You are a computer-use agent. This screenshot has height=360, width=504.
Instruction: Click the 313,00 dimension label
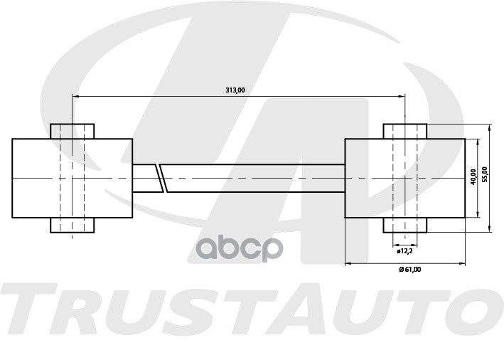click(x=235, y=90)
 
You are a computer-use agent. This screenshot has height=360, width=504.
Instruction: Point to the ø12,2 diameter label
click(x=404, y=250)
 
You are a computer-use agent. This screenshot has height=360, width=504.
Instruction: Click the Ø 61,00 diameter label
click(x=409, y=269)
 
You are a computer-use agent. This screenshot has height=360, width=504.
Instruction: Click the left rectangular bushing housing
click(x=72, y=178)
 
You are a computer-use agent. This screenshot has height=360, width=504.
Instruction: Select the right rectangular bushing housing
click(x=404, y=178)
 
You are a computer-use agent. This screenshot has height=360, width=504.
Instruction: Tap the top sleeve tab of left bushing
click(x=72, y=131)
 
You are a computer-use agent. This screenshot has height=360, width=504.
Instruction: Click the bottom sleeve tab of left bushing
click(x=72, y=225)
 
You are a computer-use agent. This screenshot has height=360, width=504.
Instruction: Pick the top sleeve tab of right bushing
click(x=404, y=131)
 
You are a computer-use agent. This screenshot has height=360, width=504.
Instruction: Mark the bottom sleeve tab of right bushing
click(x=404, y=225)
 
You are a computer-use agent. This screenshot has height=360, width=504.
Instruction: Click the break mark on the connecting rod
click(x=162, y=178)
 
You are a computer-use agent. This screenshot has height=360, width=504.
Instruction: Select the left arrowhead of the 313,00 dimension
click(x=75, y=96)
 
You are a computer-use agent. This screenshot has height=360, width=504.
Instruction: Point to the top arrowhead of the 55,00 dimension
click(x=490, y=127)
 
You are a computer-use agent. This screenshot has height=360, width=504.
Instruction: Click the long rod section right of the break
click(x=256, y=178)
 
